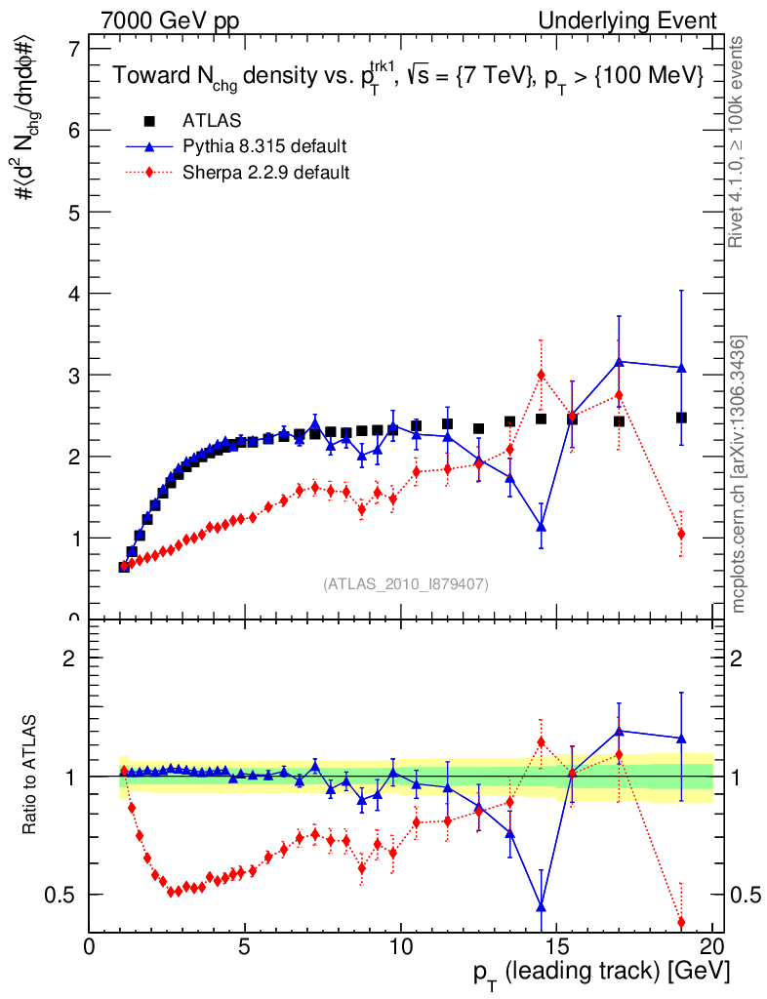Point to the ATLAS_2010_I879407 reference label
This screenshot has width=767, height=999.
(x=406, y=584)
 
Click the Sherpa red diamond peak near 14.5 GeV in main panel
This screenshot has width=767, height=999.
(x=541, y=375)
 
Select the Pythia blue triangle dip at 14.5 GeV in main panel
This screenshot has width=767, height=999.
(x=541, y=527)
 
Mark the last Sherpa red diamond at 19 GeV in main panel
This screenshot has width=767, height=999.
(x=681, y=534)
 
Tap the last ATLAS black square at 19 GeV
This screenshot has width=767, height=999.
(x=681, y=418)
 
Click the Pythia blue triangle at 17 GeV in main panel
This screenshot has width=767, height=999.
(x=619, y=362)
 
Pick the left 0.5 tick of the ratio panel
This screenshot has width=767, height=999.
(x=71, y=895)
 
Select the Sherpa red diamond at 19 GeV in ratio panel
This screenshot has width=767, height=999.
(x=681, y=922)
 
